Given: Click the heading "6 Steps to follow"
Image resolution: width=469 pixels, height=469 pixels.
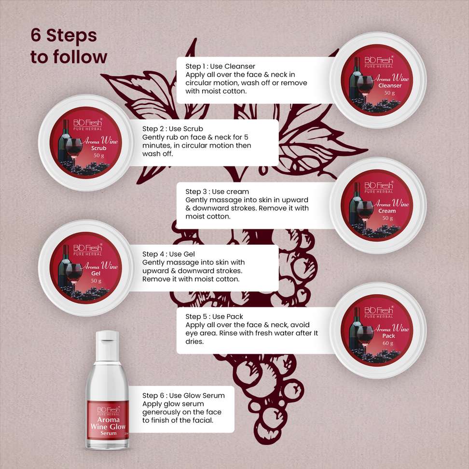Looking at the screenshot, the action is (69, 46).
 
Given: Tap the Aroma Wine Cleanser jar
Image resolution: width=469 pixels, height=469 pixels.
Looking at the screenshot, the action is (378, 80).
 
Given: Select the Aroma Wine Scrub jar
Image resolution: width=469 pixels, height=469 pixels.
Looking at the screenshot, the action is (86, 143).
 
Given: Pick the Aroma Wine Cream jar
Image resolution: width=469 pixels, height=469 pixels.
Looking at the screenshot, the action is (378, 205).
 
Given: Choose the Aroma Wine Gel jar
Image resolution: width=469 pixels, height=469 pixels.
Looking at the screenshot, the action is (86, 268).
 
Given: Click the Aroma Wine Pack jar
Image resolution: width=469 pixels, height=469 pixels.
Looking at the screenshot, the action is (378, 330).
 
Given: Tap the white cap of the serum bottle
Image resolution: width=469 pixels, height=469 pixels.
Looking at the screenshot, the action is (108, 345).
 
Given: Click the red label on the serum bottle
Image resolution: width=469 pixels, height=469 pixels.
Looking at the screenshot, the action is (108, 420).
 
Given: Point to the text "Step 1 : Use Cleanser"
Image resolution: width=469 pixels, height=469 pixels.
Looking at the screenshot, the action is (220, 66).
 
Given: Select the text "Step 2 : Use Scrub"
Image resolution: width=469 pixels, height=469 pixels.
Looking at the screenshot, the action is (173, 129).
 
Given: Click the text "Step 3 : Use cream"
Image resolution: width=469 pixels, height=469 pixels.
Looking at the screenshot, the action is (217, 192).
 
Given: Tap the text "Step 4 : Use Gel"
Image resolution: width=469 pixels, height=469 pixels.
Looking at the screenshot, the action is (168, 254).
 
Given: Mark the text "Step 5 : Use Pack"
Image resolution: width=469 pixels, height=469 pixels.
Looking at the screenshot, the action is (214, 317).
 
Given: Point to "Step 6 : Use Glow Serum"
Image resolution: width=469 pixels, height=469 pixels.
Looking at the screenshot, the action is (183, 396).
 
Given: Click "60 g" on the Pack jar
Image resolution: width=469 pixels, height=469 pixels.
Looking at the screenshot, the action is (388, 343).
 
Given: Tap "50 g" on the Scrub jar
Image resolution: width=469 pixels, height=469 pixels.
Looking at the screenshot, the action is (99, 155).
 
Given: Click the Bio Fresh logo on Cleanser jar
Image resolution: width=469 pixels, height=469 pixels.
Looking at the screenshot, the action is (379, 62).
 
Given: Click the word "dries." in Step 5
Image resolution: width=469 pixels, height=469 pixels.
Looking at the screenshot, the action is (194, 341).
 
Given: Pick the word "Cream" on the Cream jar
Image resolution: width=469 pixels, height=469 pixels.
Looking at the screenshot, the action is (387, 211).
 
